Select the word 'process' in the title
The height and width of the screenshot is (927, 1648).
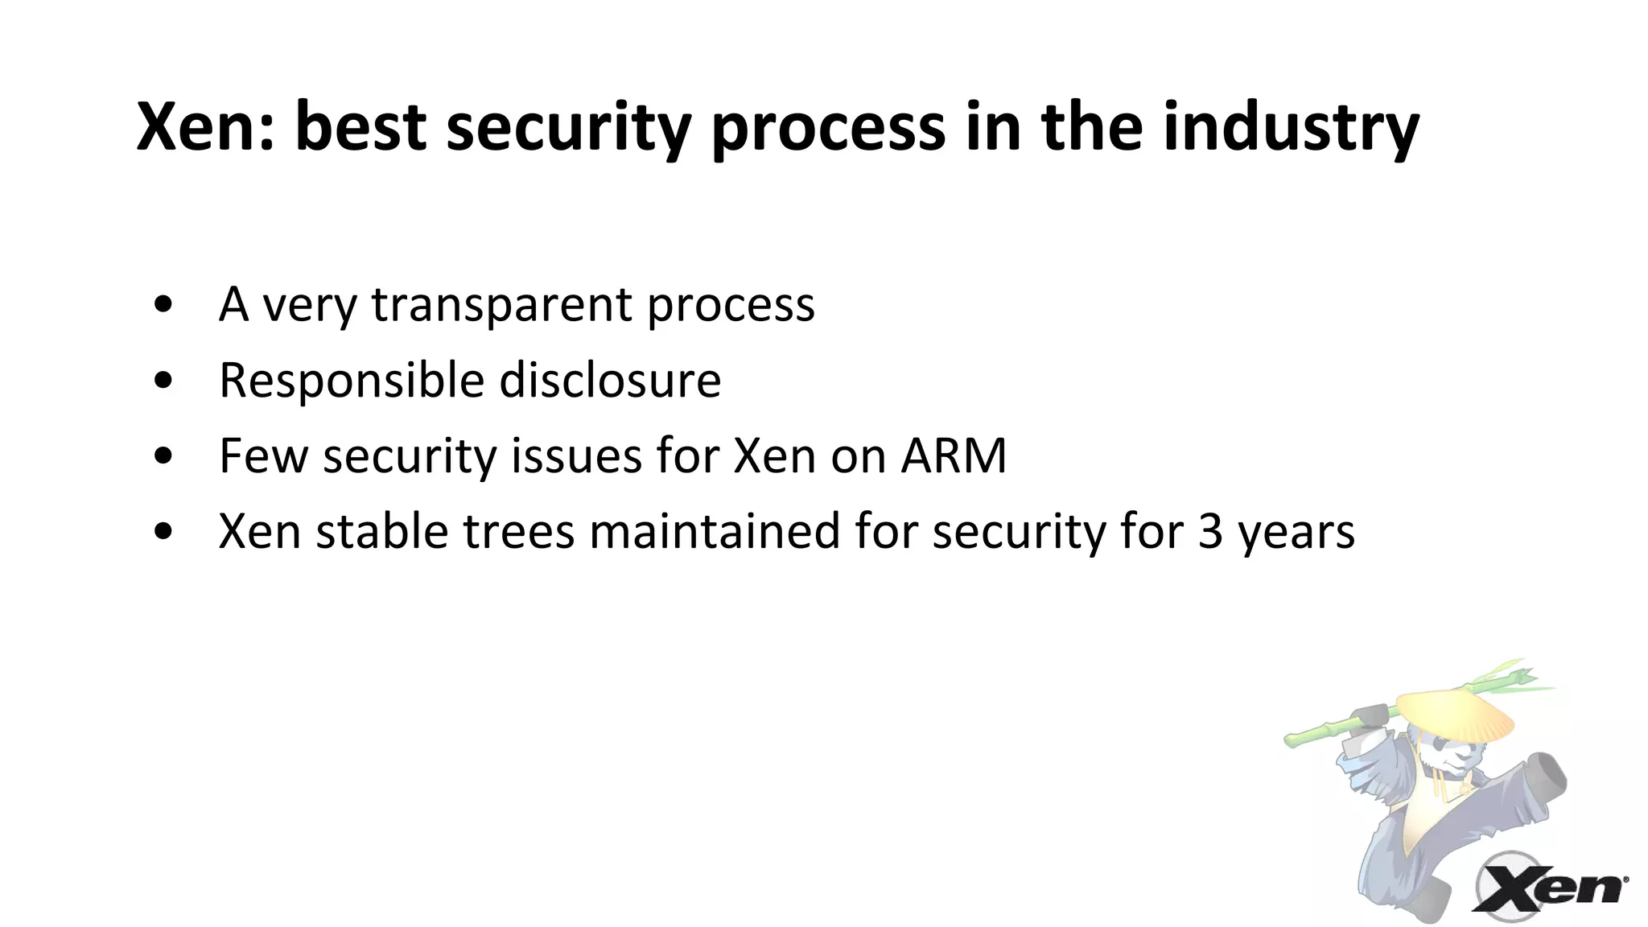(828, 129)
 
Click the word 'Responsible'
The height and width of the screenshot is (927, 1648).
(351, 381)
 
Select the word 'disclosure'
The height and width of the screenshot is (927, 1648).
(610, 381)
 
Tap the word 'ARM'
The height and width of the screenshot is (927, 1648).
(954, 456)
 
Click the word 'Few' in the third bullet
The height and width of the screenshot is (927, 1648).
(263, 456)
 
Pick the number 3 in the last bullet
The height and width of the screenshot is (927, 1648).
(1210, 532)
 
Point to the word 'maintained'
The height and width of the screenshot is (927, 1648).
(715, 532)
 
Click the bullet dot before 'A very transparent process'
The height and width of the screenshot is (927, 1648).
(163, 305)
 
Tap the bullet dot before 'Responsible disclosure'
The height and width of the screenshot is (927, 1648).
(163, 381)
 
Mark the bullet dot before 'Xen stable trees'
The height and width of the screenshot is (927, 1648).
(163, 532)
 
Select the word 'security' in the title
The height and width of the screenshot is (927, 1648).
(568, 129)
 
